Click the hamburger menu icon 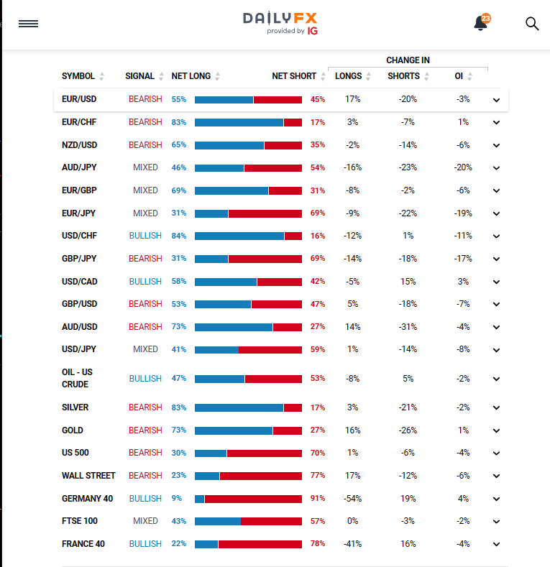click(28, 24)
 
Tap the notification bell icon click(481, 24)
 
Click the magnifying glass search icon click(532, 24)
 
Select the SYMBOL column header click(78, 76)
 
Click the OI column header click(459, 76)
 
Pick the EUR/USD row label click(79, 99)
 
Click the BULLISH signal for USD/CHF click(145, 236)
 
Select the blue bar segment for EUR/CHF click(239, 122)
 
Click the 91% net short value click(318, 499)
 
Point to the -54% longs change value click(352, 499)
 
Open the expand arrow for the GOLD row click(496, 431)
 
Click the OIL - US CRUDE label click(78, 378)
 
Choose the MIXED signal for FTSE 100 click(145, 521)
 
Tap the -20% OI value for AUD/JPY click(463, 167)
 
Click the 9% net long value click(177, 499)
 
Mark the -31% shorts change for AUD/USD click(408, 327)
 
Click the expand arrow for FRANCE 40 click(496, 545)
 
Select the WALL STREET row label click(88, 476)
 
